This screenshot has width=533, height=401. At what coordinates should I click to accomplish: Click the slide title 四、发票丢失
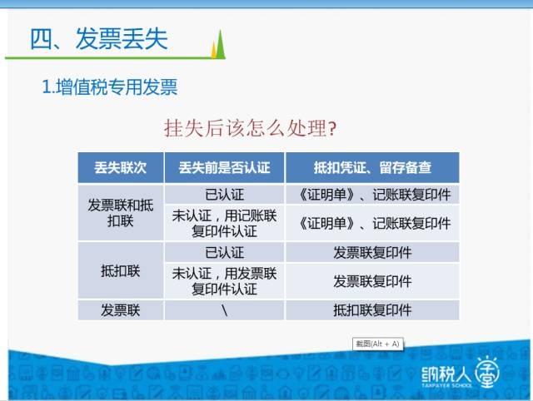(99, 39)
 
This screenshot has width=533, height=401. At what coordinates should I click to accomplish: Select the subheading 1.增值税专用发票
(109, 87)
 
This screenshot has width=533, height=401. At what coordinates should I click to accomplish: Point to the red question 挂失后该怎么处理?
(250, 128)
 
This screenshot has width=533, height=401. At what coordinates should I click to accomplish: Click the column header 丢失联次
(120, 168)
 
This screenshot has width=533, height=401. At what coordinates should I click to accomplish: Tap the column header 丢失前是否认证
(224, 168)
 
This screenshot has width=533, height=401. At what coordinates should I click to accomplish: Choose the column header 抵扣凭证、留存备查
(372, 168)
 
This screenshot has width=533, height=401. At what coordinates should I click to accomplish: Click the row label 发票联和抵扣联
(120, 213)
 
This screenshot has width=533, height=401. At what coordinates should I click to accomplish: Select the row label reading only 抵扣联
(120, 271)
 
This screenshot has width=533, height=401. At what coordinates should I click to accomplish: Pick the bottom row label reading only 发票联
(120, 310)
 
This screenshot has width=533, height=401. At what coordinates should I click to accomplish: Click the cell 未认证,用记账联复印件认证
(224, 224)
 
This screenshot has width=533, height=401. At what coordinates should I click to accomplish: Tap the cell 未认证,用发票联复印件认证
(224, 281)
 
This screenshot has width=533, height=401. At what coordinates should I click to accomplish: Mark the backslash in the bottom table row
(224, 310)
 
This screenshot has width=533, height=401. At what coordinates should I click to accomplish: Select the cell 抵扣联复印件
(372, 310)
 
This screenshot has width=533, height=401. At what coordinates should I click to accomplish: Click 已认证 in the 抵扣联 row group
(224, 253)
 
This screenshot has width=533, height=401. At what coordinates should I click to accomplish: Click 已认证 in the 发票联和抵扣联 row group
(224, 195)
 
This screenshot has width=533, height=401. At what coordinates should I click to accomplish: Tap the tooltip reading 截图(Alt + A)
(377, 344)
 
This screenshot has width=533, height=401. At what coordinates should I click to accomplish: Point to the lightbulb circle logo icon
(487, 373)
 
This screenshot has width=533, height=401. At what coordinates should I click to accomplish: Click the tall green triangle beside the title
(220, 44)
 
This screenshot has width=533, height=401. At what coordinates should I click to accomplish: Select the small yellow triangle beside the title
(214, 51)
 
